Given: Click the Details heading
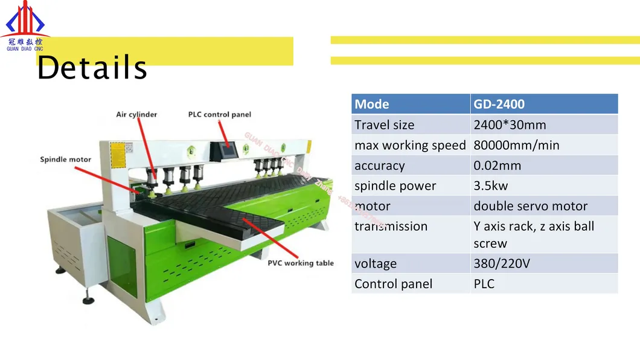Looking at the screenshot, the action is pyautogui.click(x=92, y=68).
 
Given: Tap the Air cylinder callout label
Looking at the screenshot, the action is pyautogui.click(x=136, y=114).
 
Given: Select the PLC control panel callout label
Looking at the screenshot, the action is pyautogui.click(x=219, y=114).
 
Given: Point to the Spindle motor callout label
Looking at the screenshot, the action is pyautogui.click(x=66, y=159).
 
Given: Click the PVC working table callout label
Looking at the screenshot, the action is pyautogui.click(x=301, y=263).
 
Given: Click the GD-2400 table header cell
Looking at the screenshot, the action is pyautogui.click(x=544, y=104).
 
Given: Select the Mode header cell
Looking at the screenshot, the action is pyautogui.click(x=411, y=104).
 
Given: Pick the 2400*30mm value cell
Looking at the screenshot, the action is pyautogui.click(x=510, y=125).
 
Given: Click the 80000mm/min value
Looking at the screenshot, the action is pyautogui.click(x=516, y=145).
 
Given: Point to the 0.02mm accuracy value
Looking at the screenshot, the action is pyautogui.click(x=497, y=166).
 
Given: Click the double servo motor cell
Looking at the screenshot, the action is pyautogui.click(x=530, y=206).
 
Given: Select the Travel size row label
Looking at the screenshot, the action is pyautogui.click(x=385, y=125).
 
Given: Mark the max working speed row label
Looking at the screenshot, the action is pyautogui.click(x=410, y=145).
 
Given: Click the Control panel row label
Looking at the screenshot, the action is pyautogui.click(x=393, y=284).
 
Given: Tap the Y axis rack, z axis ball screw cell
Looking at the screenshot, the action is pyautogui.click(x=534, y=234).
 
